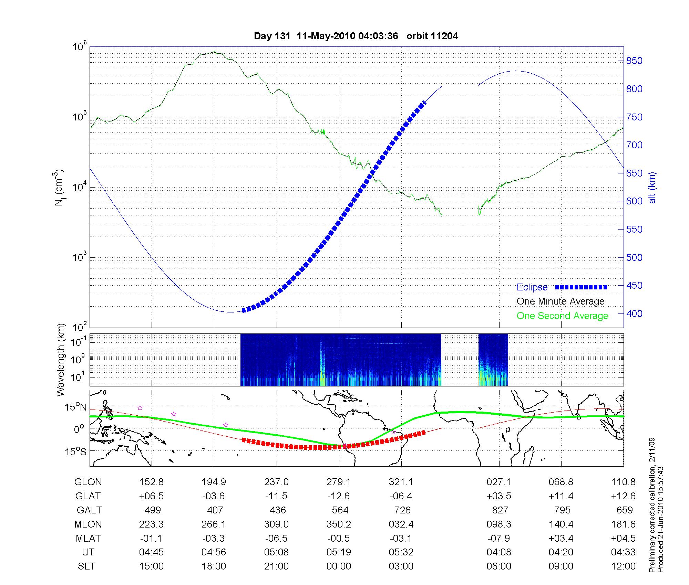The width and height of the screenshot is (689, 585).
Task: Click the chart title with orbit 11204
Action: pyautogui.click(x=356, y=36)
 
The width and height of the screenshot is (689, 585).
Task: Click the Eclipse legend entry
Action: pyautogui.click(x=532, y=287)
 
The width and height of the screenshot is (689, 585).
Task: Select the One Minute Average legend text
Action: pyautogui.click(x=561, y=301)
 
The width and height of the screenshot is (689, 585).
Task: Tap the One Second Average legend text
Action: pyautogui.click(x=562, y=316)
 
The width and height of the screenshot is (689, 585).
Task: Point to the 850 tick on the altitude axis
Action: pyautogui.click(x=635, y=61)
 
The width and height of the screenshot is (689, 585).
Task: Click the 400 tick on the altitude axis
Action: pyautogui.click(x=635, y=313)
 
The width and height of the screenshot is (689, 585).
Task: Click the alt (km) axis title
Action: pyautogui.click(x=652, y=188)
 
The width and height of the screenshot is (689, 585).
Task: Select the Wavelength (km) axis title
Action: pyautogui.click(x=61, y=360)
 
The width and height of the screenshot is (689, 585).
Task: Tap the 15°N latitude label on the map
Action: pyautogui.click(x=76, y=407)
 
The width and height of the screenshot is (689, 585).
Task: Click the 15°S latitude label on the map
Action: pyautogui.click(x=76, y=451)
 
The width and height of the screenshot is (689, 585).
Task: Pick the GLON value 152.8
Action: pyautogui.click(x=151, y=482)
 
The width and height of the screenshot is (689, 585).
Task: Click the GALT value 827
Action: pyautogui.click(x=500, y=510)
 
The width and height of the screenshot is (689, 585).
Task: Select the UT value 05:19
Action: pyautogui.click(x=339, y=552)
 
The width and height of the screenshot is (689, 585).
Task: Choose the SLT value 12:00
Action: pyautogui.click(x=623, y=566)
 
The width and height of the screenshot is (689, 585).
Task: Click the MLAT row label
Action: pyautogui.click(x=88, y=538)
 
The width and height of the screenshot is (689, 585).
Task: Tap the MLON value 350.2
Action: pyautogui.click(x=339, y=524)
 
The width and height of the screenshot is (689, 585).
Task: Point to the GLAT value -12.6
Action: pyautogui.click(x=339, y=496)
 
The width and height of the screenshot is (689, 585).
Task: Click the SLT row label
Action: pyautogui.click(x=86, y=566)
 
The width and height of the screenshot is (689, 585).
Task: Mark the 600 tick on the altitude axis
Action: pyautogui.click(x=635, y=201)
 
